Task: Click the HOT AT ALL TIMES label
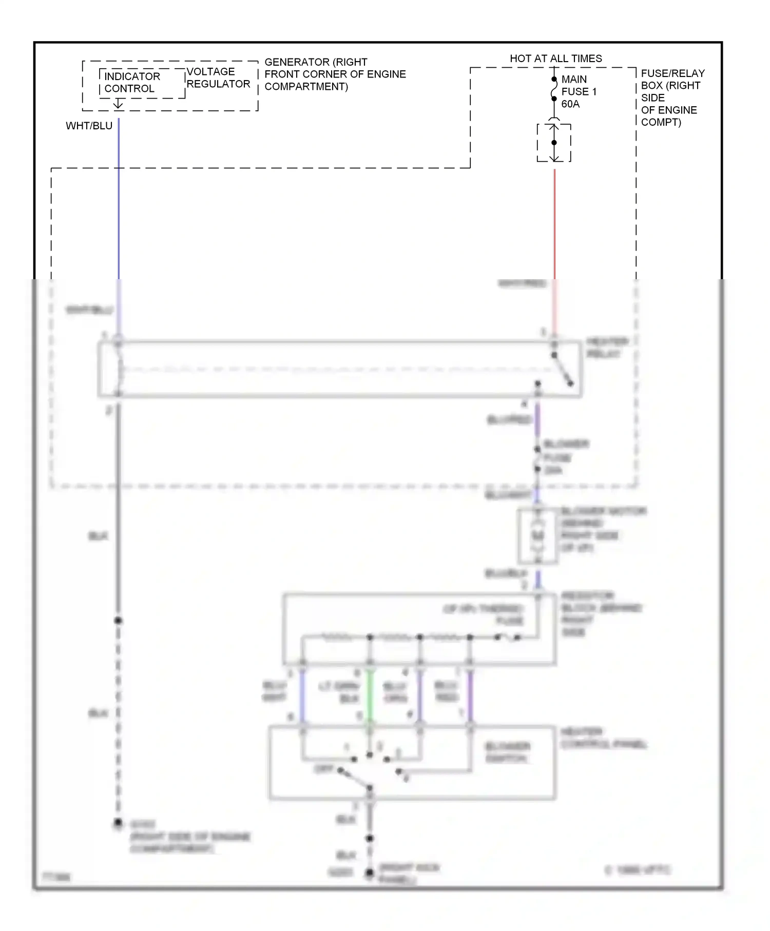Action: click(x=555, y=59)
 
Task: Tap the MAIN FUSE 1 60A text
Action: click(x=579, y=91)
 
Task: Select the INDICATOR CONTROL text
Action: click(x=132, y=82)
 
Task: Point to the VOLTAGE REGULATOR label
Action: click(x=218, y=77)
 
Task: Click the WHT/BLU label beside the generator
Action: click(x=89, y=126)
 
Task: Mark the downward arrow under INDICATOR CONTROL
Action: click(x=118, y=104)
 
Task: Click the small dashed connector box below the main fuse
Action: click(x=554, y=143)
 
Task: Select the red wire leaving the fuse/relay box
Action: click(x=554, y=226)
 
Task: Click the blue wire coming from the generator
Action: click(x=119, y=205)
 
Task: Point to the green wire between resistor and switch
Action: click(x=370, y=697)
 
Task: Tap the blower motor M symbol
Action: click(x=537, y=535)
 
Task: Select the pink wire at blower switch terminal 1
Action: click(x=470, y=697)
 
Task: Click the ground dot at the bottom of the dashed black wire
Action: click(x=118, y=823)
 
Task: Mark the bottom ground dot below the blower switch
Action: click(x=369, y=872)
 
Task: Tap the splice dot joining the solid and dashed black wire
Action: click(x=118, y=620)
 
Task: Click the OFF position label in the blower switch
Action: click(x=323, y=769)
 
